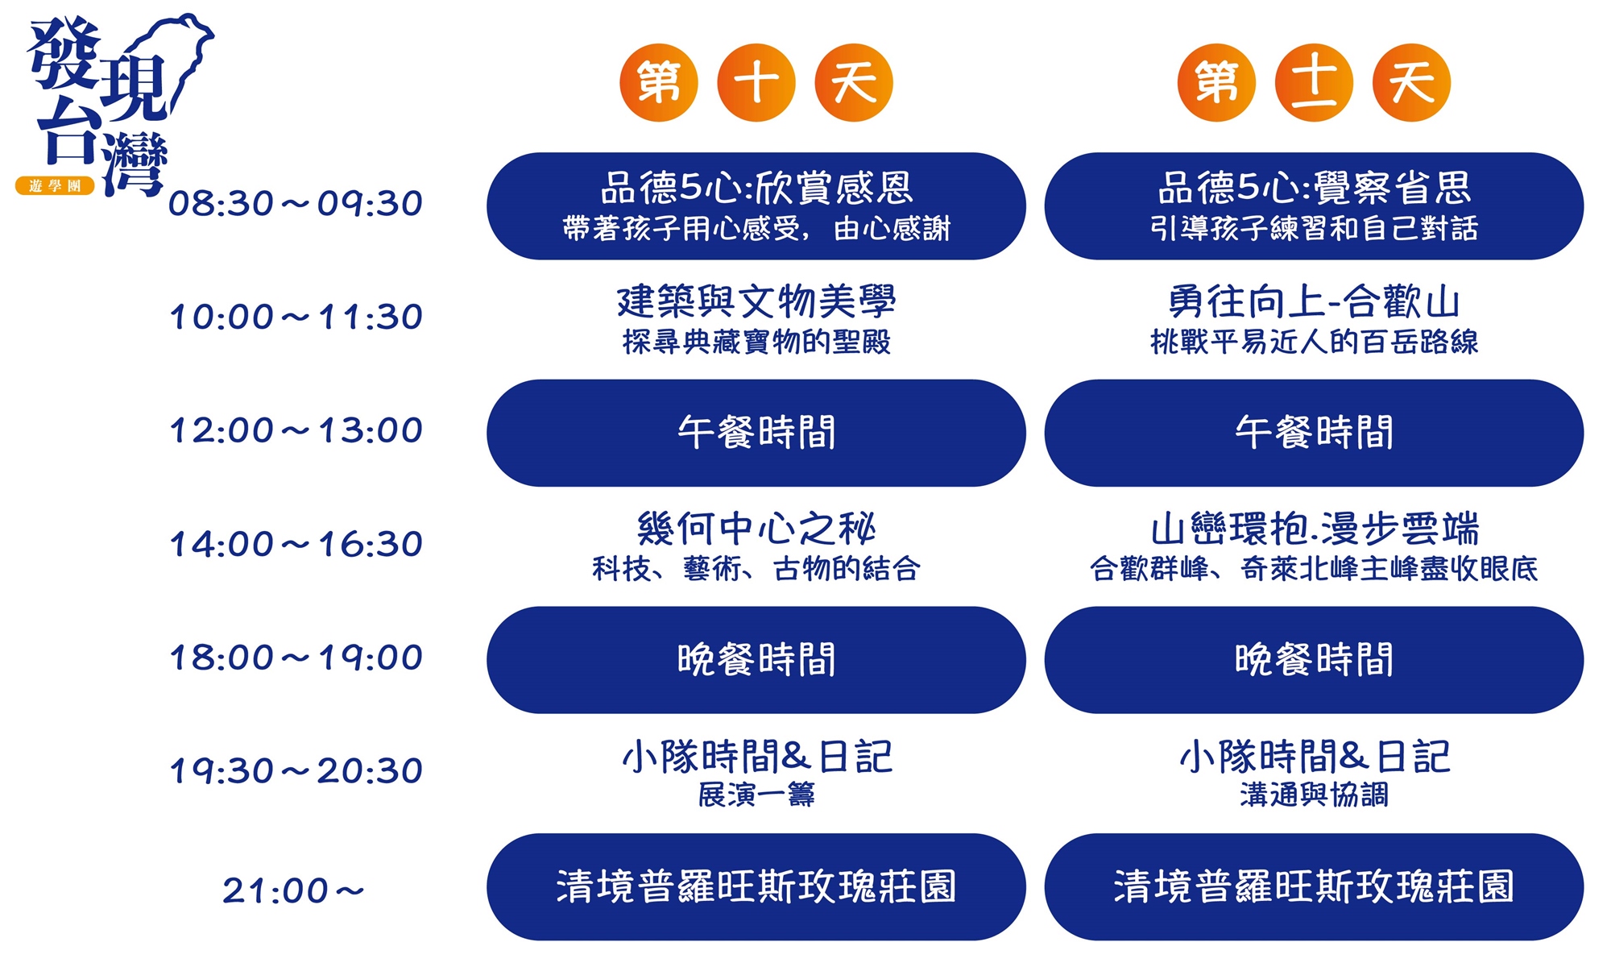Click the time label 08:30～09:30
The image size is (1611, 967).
coord(296,203)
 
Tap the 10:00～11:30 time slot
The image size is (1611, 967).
coord(296,317)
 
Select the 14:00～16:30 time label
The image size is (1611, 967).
coord(296,544)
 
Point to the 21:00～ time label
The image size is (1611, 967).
coord(293,890)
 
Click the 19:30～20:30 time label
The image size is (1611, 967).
coord(296,771)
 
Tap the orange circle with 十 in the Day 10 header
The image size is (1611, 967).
coord(756,82)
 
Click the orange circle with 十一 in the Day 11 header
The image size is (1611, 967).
coord(1314,82)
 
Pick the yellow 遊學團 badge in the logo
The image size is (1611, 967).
coord(55,186)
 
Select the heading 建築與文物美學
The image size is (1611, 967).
coord(756,301)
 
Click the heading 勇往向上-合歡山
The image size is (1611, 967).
coord(1314,301)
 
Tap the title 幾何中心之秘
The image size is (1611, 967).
coord(756,529)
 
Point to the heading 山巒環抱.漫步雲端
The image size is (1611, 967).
coord(1314,529)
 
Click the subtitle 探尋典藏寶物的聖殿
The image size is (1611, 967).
coord(756,342)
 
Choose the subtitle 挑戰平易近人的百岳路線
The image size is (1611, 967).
coord(1314,342)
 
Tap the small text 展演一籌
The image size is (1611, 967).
coord(756,795)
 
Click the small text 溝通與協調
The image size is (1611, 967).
coord(1314,795)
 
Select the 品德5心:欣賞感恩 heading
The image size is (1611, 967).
coord(756,188)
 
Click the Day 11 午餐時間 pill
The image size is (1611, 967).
coord(1314,433)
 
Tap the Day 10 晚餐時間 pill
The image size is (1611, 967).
coord(756,660)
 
